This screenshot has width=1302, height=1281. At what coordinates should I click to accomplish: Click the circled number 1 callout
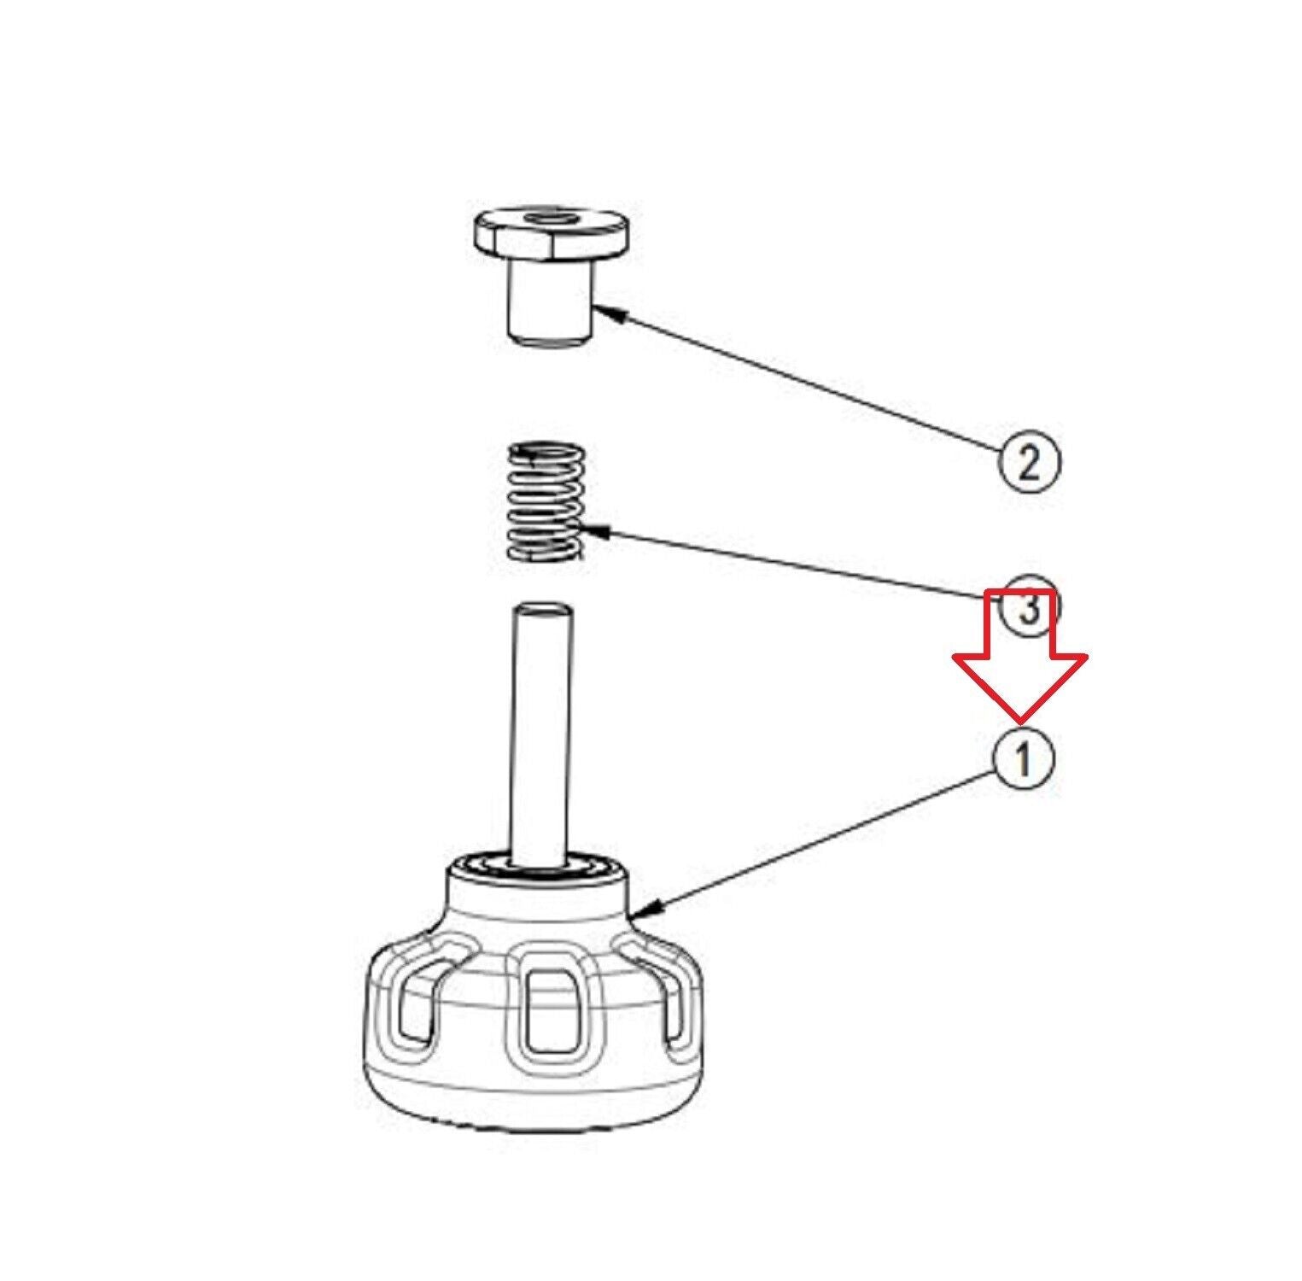(1022, 758)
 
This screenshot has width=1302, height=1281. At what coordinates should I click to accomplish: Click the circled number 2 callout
(1029, 462)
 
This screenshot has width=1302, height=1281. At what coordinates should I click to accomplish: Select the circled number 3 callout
(1029, 608)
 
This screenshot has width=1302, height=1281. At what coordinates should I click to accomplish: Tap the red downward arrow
(1019, 654)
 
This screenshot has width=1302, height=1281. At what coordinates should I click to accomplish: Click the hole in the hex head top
(552, 219)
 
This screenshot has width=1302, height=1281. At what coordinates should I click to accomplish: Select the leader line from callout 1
(815, 841)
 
